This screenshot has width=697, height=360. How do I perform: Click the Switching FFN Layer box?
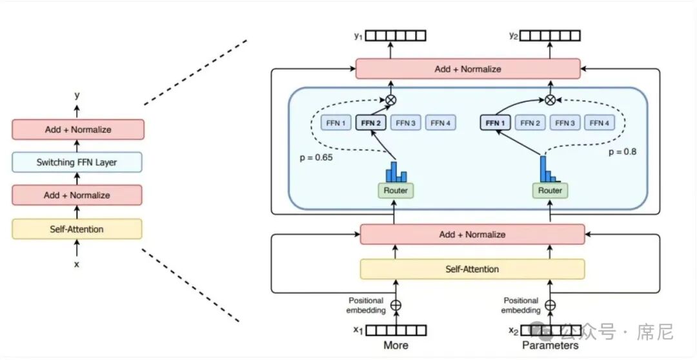click(77, 162)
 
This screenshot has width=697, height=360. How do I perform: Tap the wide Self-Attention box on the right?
click(472, 269)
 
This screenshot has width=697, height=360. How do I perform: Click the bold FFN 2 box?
click(370, 123)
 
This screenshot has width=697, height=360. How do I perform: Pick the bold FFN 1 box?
click(496, 123)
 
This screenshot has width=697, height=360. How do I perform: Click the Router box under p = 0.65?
click(396, 190)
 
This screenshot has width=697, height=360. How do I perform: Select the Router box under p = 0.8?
click(550, 190)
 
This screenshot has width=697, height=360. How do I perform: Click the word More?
click(396, 345)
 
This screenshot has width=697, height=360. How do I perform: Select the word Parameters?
click(551, 345)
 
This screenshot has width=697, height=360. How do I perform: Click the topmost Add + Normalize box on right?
click(468, 69)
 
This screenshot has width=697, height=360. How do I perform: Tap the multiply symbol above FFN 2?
click(391, 100)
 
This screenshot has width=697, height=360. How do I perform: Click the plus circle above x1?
click(396, 305)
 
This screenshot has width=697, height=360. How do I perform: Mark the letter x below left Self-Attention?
click(77, 264)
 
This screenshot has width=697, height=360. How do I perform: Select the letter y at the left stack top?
click(77, 95)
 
